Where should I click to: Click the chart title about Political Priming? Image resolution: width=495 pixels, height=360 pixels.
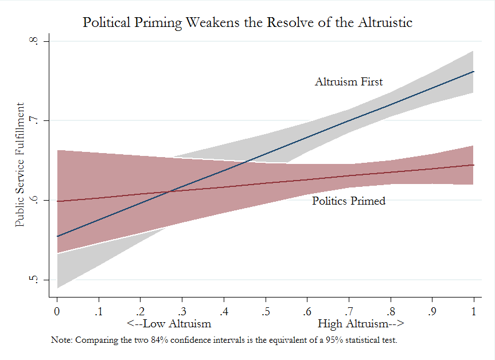click(247, 22)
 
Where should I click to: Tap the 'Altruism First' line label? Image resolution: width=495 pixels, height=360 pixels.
click(348, 82)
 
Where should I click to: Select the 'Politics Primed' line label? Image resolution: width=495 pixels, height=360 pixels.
click(348, 201)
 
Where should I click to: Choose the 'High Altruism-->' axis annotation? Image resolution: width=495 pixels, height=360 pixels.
click(361, 323)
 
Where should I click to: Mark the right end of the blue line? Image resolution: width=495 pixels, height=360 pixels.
click(473, 72)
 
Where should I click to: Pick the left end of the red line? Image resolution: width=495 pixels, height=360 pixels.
click(57, 201)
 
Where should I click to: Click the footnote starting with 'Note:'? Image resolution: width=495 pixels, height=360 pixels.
click(224, 341)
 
